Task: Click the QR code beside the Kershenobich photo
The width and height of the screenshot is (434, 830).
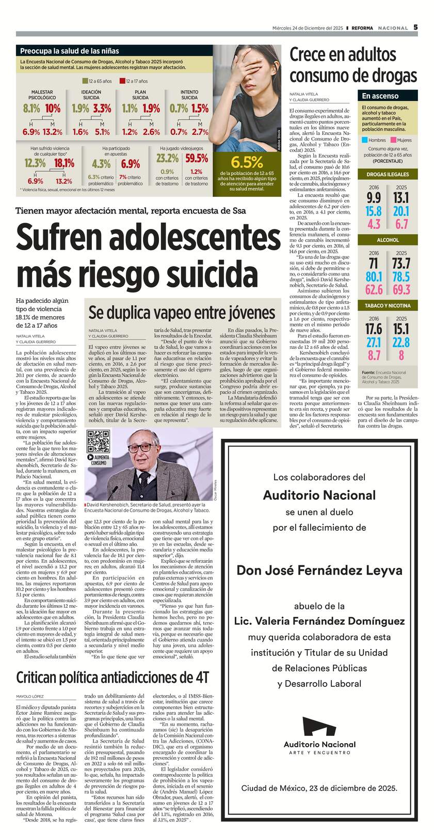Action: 98,440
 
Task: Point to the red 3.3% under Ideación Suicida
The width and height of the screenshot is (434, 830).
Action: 102,109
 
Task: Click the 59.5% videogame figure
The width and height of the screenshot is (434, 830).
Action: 196,158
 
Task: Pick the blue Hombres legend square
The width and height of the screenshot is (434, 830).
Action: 364,140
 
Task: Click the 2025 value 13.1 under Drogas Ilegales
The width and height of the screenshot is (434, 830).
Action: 401,197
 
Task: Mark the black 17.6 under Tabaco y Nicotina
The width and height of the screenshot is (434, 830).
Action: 374,329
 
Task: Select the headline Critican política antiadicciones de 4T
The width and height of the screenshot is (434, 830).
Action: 112,677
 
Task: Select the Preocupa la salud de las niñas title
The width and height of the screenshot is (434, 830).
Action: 69,51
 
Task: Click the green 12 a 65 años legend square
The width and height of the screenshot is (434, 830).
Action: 85,81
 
